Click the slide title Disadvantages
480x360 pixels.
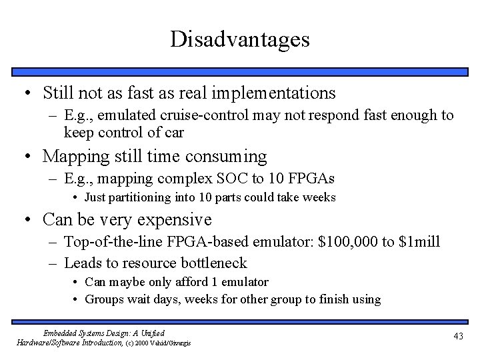tap(239, 39)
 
